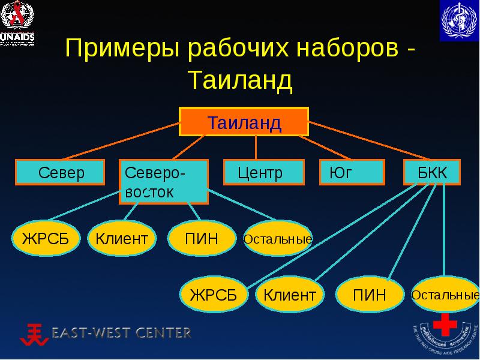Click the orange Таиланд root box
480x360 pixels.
coord(244,123)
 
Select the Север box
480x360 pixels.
coord(60,173)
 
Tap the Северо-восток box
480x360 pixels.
coord(164,182)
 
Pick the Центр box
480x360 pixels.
coord(259,173)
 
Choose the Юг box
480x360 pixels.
coord(351,173)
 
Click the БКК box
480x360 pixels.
coord(432,173)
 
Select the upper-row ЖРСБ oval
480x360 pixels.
coord(41,239)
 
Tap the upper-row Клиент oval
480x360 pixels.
coord(122,239)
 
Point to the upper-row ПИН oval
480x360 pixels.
coord(202,239)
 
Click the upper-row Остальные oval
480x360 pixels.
coord(278,239)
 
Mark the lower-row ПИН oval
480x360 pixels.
coord(369,294)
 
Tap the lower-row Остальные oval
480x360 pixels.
coord(445,295)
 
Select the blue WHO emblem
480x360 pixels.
coord(459,21)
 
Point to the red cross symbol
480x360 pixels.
coord(445,326)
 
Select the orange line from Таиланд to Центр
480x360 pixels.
coord(256,148)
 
